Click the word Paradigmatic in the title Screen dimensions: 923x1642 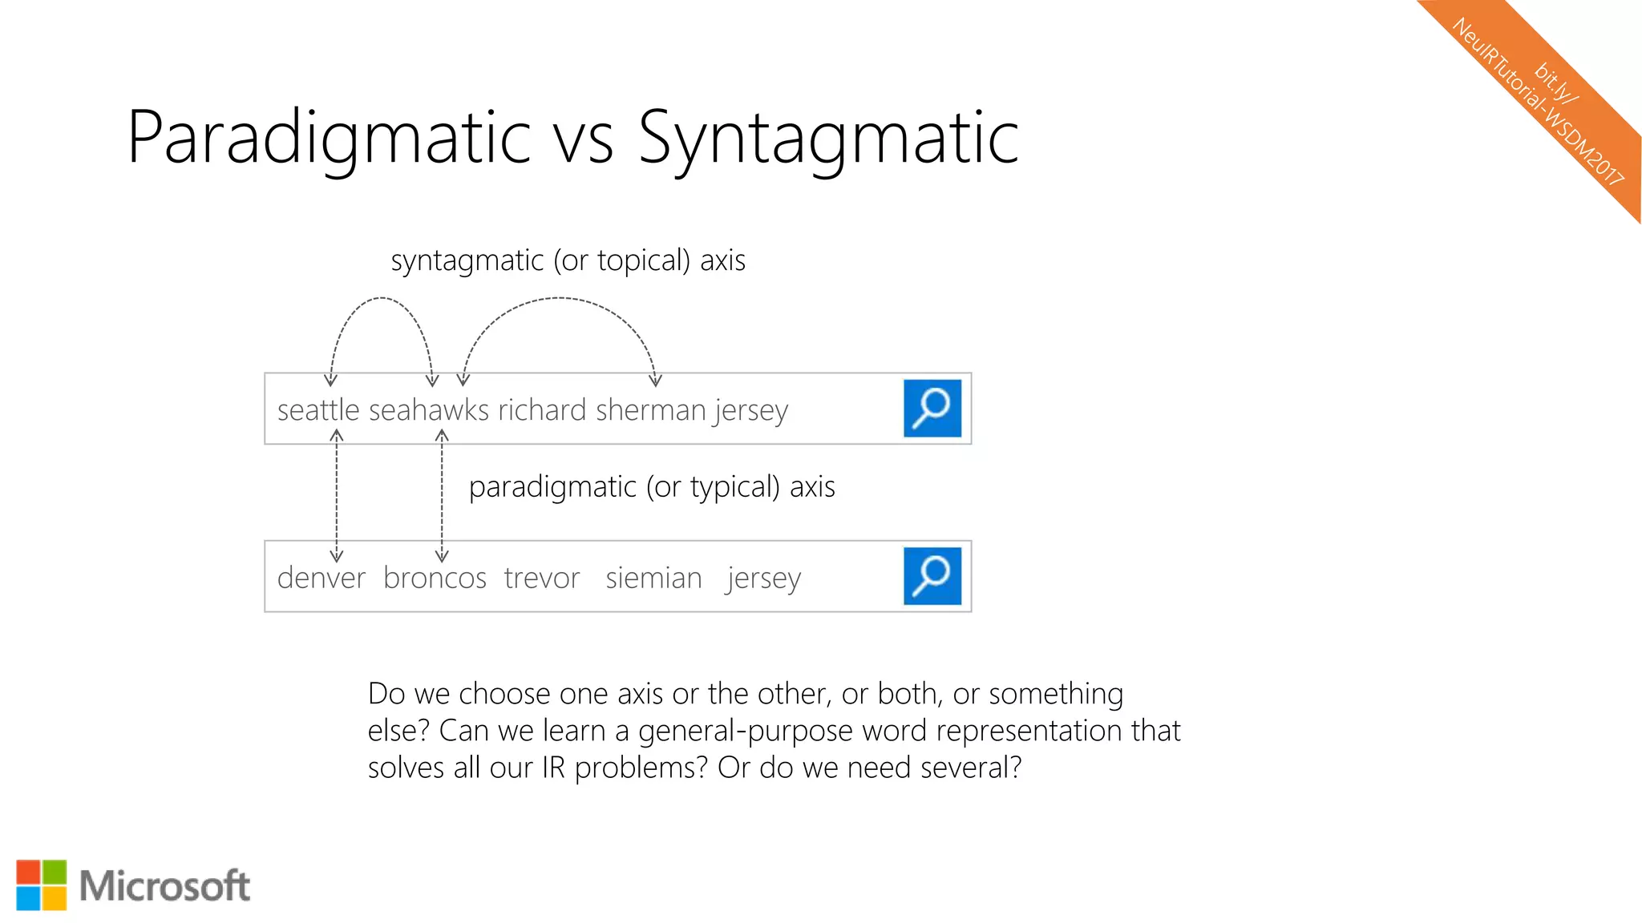pyautogui.click(x=329, y=138)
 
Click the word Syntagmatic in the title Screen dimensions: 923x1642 pyautogui.click(x=828, y=138)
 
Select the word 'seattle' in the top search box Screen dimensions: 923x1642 pyautogui.click(x=318, y=410)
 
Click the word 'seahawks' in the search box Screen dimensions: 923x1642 pyautogui.click(x=428, y=410)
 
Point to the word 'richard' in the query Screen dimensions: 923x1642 pyautogui.click(x=543, y=410)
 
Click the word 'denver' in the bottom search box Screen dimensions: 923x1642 pyautogui.click(x=321, y=578)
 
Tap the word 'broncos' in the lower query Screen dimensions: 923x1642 pyautogui.click(x=435, y=578)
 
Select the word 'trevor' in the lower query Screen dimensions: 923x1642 pyautogui.click(x=542, y=578)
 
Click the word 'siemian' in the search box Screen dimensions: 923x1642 pyautogui.click(x=653, y=578)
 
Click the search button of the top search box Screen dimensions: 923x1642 pyautogui.click(x=932, y=409)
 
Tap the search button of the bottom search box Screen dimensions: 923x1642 pyautogui.click(x=932, y=576)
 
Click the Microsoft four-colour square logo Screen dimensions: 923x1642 pyautogui.click(x=42, y=885)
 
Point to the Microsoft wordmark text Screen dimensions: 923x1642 pyautogui.click(x=165, y=886)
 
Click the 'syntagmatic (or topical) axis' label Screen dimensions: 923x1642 pyautogui.click(x=568, y=260)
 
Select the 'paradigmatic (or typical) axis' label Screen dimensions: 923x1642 pyautogui.click(x=652, y=487)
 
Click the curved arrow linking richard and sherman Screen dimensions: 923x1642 pyautogui.click(x=560, y=299)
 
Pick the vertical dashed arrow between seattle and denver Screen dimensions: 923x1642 pyautogui.click(x=337, y=495)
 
